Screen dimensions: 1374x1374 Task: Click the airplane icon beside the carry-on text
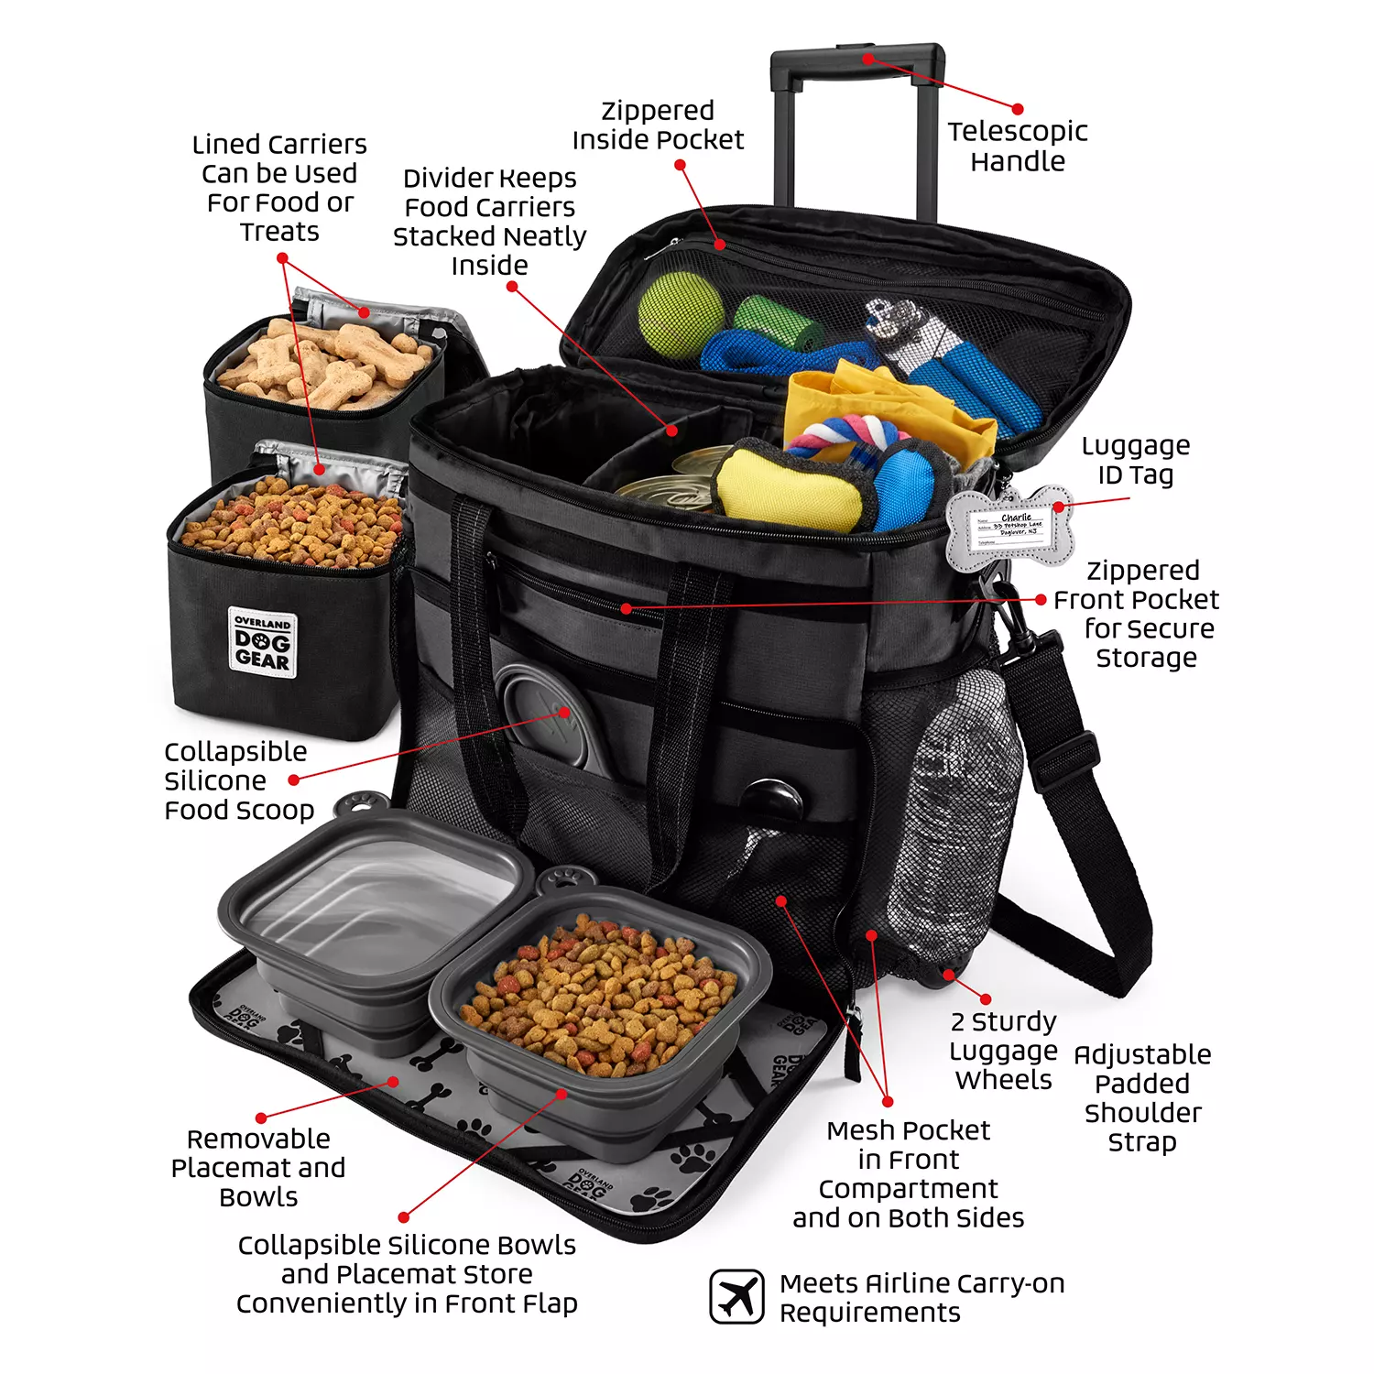coord(736,1296)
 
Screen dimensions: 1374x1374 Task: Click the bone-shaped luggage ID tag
coord(1009,529)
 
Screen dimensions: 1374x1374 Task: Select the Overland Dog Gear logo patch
coord(263,643)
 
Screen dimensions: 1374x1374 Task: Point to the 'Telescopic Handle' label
coord(1017,147)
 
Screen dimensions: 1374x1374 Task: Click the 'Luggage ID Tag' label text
coord(1136,460)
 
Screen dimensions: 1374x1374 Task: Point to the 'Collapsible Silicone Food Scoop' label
coord(238,780)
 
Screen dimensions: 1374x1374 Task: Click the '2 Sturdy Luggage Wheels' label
coord(1003,1051)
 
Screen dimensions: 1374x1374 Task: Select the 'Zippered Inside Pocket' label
coord(658,125)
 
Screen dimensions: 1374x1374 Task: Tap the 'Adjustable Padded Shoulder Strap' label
coord(1142,1098)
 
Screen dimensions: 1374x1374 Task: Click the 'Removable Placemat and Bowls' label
coord(258,1168)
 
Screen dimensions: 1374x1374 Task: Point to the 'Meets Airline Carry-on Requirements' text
coord(921,1298)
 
